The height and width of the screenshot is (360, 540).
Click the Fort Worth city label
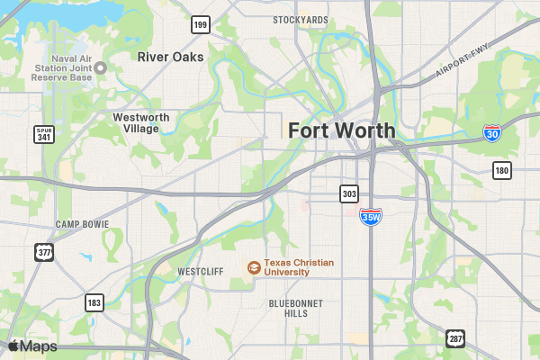coord(341,130)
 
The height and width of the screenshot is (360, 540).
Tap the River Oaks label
coord(170,57)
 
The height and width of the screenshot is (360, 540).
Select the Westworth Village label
coord(136,122)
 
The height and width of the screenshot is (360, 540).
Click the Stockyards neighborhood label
coord(300,20)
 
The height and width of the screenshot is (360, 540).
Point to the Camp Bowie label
coord(82,224)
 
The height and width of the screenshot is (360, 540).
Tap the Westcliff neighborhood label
coord(200,271)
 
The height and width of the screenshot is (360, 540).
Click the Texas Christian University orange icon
coord(255,267)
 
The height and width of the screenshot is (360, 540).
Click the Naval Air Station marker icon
coord(101,67)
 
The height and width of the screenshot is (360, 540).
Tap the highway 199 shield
coord(200,24)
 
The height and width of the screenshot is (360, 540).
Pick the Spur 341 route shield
coord(44,135)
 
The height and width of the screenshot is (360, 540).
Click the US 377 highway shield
coord(44,251)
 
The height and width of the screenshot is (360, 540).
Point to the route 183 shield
coord(94,302)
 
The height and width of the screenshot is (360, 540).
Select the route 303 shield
coord(349,193)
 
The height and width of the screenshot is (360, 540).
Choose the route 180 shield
coord(502,170)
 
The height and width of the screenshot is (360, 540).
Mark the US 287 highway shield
coord(455,338)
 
